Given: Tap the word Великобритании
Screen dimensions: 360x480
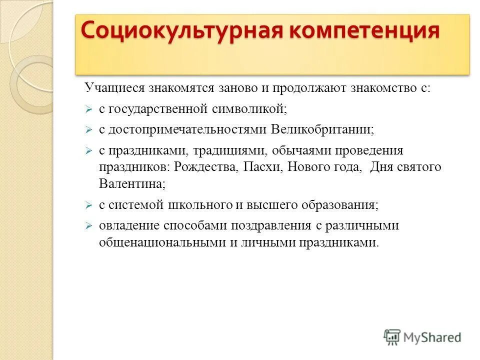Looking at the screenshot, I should [322, 129].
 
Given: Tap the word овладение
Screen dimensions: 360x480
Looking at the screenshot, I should [129, 225].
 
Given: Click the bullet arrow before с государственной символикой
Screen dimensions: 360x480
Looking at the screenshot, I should [88, 109].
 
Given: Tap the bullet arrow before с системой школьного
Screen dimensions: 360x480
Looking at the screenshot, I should [88, 205].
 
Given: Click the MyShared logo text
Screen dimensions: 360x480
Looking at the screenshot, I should [432, 337].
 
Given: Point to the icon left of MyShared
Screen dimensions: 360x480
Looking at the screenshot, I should [392, 337].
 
